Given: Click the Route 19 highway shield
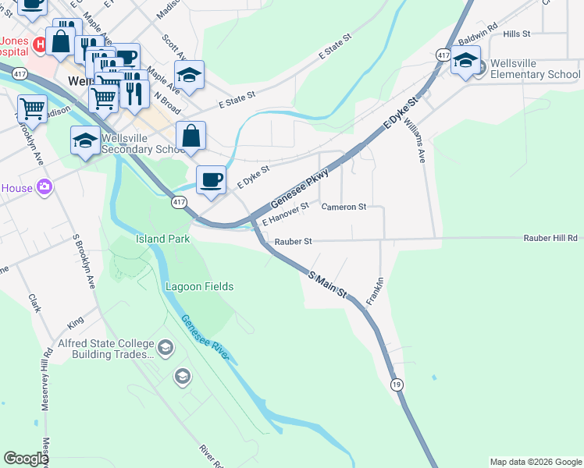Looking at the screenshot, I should [x=397, y=385].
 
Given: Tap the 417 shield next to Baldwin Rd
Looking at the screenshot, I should [x=443, y=55].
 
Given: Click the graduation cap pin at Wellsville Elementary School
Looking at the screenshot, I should [x=465, y=60].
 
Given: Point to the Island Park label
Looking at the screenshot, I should [x=163, y=239].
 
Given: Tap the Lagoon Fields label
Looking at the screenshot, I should [x=199, y=286].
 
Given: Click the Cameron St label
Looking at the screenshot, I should [x=344, y=207].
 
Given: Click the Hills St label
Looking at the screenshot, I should [x=517, y=34].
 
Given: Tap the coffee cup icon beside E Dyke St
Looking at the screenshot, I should [x=211, y=180].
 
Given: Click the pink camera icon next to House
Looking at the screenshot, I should [x=45, y=186].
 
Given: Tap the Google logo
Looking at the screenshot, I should [x=26, y=459].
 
